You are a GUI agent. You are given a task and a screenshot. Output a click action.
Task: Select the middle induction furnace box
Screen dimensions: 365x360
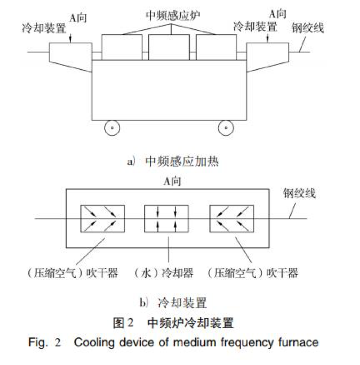tap(168, 46)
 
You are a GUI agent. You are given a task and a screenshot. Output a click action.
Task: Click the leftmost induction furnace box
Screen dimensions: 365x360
tap(122, 46)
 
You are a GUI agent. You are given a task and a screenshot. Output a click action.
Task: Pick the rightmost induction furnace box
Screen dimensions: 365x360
tap(214, 46)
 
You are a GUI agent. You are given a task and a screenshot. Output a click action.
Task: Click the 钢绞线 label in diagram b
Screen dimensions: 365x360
tap(299, 193)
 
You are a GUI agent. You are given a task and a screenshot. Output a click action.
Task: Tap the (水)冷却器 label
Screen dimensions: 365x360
tap(169, 273)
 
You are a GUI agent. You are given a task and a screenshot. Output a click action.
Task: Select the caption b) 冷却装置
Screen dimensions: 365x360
tap(173, 303)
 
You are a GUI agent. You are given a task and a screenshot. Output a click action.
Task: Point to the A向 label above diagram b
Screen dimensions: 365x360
tap(172, 181)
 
